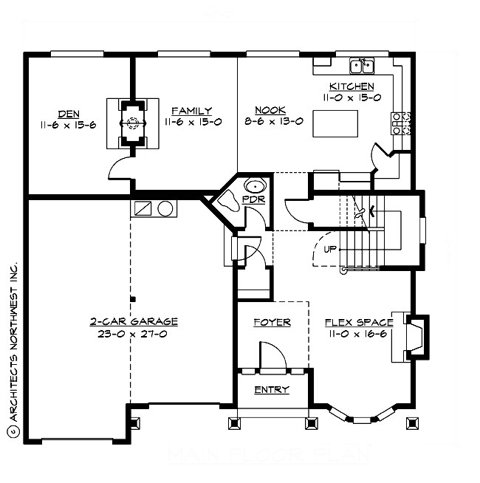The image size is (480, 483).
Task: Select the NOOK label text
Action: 265,112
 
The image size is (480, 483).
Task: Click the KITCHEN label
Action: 350,86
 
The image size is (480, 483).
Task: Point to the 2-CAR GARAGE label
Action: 134,321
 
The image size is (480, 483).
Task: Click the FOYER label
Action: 272,322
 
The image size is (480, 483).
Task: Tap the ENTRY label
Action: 271,389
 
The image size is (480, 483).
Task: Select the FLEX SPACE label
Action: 358,322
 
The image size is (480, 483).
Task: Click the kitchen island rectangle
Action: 337,123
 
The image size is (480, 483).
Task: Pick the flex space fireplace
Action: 414,336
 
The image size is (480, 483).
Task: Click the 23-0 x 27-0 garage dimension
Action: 134,333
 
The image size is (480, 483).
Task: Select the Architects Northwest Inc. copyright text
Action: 13,347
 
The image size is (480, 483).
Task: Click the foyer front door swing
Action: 274,356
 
